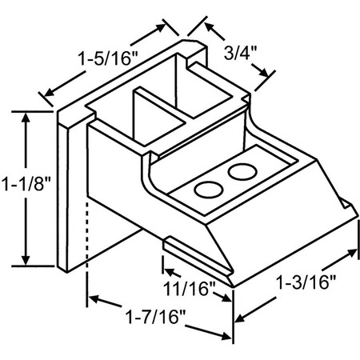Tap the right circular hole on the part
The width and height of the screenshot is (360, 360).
[x=240, y=170]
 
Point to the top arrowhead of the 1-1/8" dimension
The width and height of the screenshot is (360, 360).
[x=29, y=117]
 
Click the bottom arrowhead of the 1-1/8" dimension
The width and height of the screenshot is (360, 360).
[x=29, y=259]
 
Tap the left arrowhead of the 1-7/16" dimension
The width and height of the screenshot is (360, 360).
[x=93, y=299]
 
